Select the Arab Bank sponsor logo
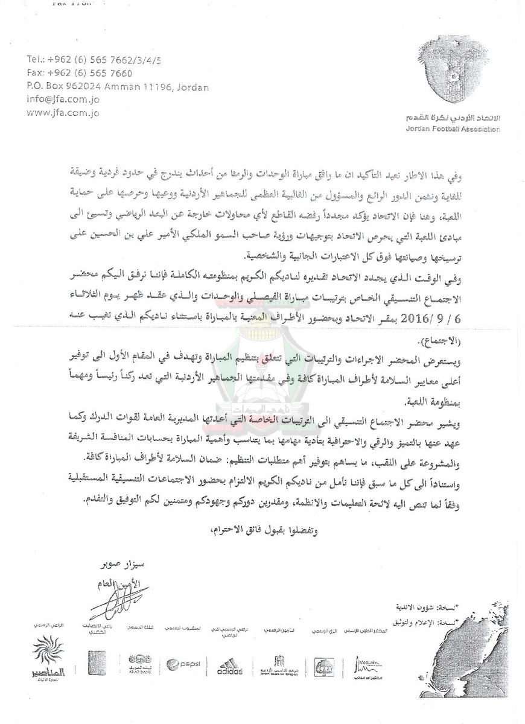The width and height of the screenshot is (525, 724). pos(140,661)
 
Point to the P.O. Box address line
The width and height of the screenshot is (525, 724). pos(118,87)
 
